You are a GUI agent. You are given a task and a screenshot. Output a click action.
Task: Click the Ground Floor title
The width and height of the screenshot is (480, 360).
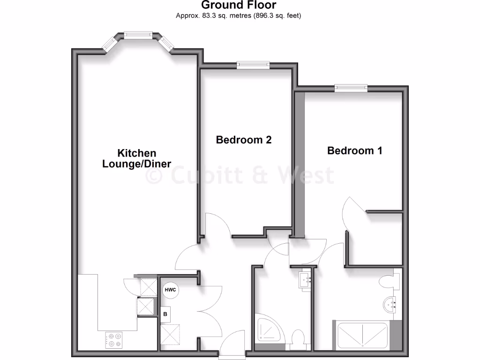pyautogui.click(x=239, y=5)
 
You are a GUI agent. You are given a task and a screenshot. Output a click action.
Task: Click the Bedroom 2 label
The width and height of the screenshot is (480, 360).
pyautogui.click(x=244, y=140)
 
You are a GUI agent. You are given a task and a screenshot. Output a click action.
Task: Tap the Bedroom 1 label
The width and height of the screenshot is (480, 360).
pyautogui.click(x=355, y=150)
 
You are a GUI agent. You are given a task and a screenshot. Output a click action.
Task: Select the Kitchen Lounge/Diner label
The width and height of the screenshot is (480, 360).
pyautogui.click(x=136, y=158)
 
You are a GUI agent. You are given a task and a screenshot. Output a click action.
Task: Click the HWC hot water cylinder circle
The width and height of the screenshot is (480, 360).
pyautogui.click(x=170, y=290)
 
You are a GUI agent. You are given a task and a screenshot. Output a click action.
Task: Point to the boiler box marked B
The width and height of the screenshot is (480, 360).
pyautogui.click(x=165, y=314)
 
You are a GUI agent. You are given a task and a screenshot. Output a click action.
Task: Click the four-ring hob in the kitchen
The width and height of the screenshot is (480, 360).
pyautogui.click(x=114, y=339)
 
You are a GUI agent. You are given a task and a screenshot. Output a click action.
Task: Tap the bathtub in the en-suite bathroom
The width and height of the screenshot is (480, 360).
pyautogui.click(x=361, y=334)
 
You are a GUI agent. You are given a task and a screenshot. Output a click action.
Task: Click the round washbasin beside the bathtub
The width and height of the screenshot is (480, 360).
pyautogui.click(x=390, y=305)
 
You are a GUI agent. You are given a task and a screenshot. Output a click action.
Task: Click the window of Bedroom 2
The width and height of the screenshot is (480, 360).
pyautogui.click(x=253, y=65)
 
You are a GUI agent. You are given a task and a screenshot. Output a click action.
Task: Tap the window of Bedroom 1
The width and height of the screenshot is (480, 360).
pyautogui.click(x=351, y=88)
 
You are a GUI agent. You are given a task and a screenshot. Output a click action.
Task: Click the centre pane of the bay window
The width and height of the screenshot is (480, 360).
pyautogui.click(x=138, y=35)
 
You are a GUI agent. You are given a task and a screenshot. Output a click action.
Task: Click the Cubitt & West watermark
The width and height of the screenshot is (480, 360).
pyautogui.click(x=240, y=175)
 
